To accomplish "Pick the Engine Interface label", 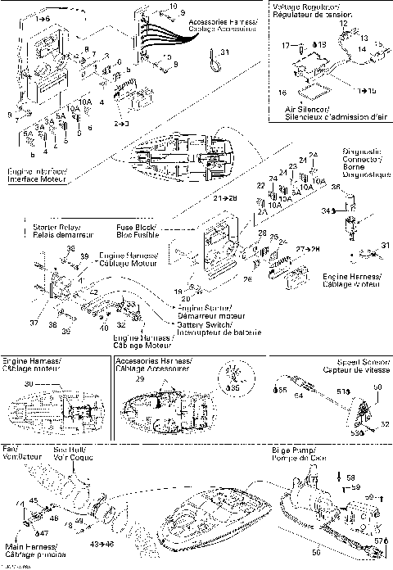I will click(38, 175).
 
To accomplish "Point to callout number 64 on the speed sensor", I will click(298, 396).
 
